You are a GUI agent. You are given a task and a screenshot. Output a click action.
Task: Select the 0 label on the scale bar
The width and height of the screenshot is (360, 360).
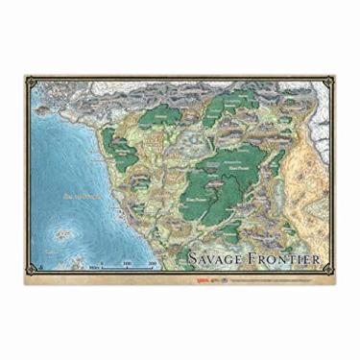[103, 262]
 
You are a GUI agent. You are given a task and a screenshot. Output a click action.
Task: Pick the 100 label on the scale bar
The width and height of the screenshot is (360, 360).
[128, 262]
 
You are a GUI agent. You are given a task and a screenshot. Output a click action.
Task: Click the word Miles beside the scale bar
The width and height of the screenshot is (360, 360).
[93, 269]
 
